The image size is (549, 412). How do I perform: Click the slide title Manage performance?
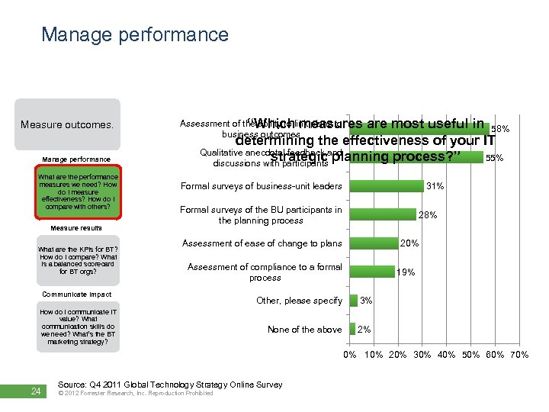tap(134, 34)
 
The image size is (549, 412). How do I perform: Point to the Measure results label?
tap(76, 227)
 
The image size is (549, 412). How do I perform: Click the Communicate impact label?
tap(76, 294)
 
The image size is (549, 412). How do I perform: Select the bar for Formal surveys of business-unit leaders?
tap(386, 186)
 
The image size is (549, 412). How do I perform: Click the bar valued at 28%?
tap(383, 215)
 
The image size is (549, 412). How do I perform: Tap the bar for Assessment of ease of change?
tap(374, 243)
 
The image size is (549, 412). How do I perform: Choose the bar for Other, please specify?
tap(353, 301)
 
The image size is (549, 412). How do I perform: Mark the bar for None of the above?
tap(352, 329)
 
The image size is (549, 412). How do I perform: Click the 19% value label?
tap(406, 272)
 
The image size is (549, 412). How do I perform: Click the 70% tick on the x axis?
tap(518, 355)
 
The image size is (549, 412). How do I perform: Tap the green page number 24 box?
tap(35, 391)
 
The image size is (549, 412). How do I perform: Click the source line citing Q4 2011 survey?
tap(170, 385)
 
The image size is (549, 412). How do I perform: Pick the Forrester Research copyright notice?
tap(136, 394)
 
